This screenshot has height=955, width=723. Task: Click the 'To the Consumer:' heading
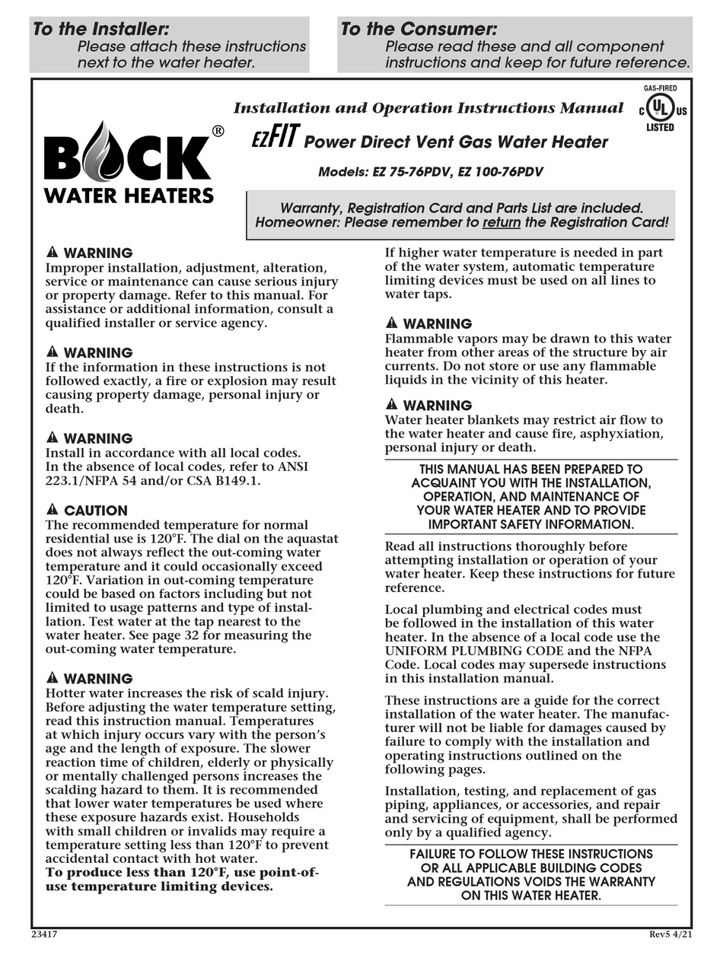coord(419,29)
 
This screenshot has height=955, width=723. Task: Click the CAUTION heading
coord(95,511)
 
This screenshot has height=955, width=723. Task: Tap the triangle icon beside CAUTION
coord(52,510)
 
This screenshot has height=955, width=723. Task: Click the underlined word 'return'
coord(502,223)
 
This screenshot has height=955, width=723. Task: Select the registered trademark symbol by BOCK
coord(218,131)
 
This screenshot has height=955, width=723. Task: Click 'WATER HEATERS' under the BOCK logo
coord(128,196)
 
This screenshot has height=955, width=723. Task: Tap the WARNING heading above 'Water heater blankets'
coord(437,406)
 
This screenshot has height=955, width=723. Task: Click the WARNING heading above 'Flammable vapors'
coord(437,323)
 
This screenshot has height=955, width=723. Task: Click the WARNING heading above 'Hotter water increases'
coord(97,679)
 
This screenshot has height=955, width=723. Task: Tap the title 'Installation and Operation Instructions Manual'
coord(428,108)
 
